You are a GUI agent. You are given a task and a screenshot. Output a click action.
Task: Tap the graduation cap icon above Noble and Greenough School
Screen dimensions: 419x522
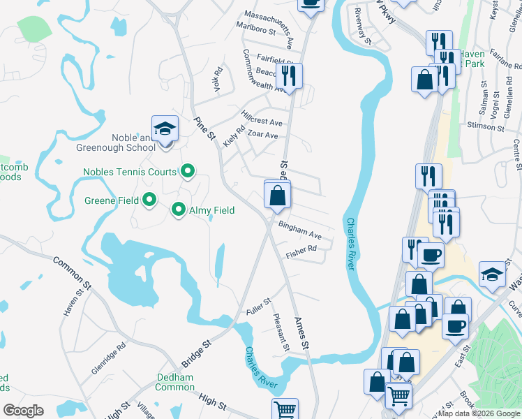[165, 129]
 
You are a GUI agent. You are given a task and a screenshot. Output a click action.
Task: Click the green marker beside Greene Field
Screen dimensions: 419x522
[149, 201]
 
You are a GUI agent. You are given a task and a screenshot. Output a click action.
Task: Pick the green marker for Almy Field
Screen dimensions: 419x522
[179, 209]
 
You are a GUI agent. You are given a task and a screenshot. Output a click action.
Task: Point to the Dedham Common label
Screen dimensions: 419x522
[174, 382]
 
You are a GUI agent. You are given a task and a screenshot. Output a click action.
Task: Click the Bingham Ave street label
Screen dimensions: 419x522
[299, 230]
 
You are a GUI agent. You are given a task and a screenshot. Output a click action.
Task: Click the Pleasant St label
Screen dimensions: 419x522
[281, 332]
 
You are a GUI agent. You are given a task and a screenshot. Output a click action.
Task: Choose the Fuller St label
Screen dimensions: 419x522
[258, 306]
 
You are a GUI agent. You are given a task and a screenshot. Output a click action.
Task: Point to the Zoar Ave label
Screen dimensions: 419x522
[263, 135]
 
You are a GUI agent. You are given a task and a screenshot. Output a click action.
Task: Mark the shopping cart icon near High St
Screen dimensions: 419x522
[285, 410]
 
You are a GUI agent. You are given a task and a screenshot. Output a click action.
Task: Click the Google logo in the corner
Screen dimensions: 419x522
[23, 411]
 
